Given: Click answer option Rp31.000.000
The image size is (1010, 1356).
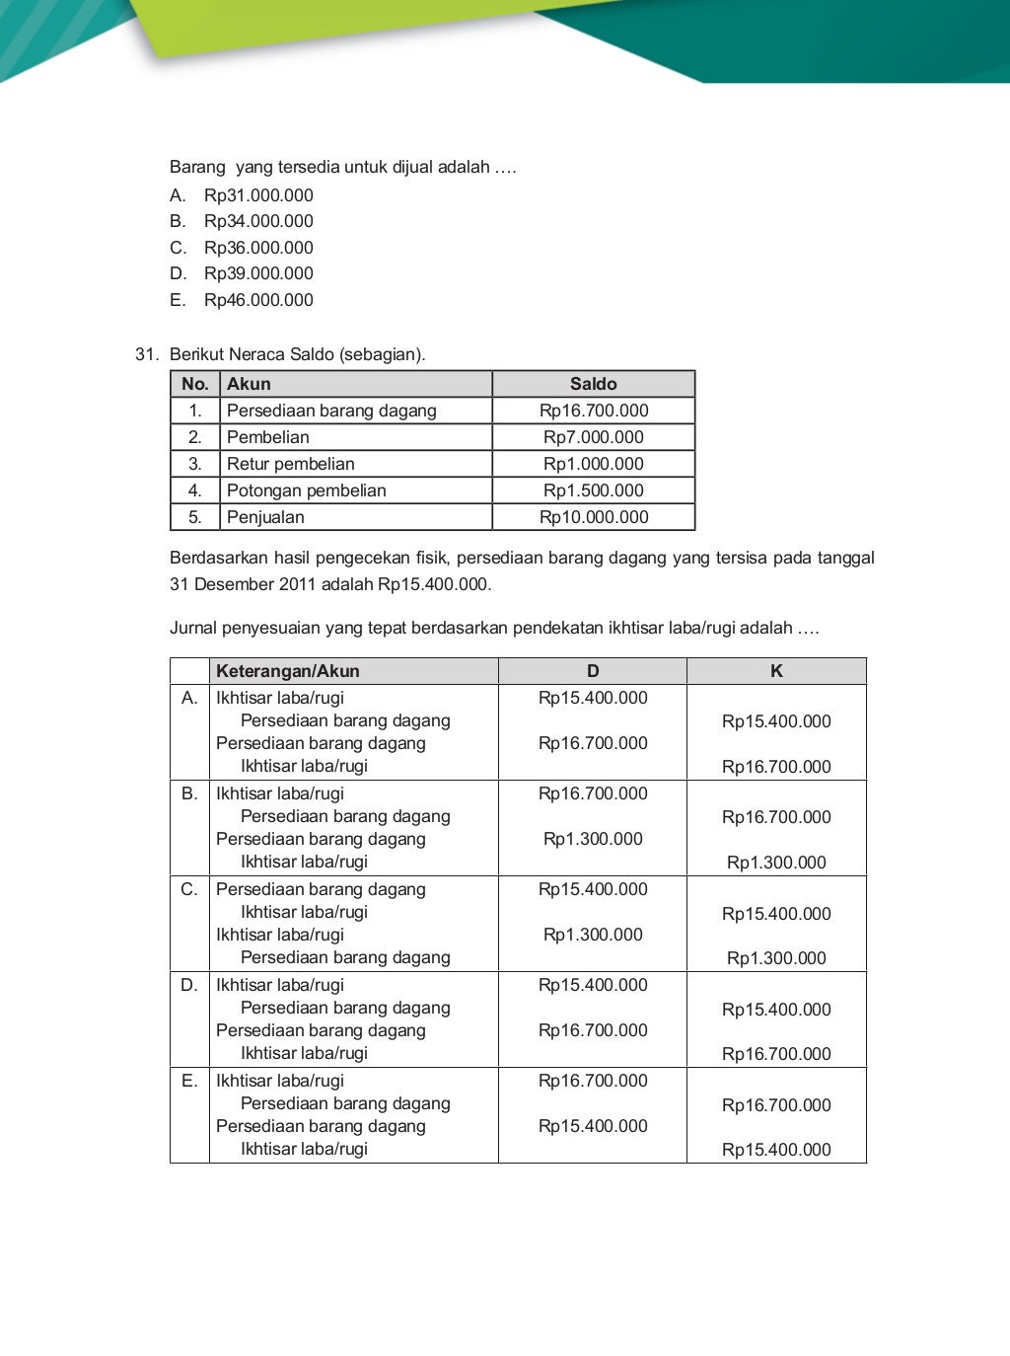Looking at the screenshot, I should (x=258, y=195).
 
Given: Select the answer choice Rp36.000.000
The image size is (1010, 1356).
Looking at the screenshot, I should (x=258, y=248).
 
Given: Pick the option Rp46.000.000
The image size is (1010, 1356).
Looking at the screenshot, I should (x=258, y=300).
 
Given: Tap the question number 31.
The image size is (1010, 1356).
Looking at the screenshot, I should (x=147, y=354).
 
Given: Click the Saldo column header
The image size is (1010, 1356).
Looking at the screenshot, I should (x=593, y=384).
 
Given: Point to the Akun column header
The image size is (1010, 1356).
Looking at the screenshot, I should (x=249, y=384).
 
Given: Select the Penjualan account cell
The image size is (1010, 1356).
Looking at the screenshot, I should (x=265, y=517).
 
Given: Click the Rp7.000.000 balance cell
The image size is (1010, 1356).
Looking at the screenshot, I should (x=593, y=437).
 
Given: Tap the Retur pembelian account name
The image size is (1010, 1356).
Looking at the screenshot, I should (x=290, y=464).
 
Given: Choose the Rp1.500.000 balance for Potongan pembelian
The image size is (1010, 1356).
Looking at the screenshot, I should (x=593, y=490).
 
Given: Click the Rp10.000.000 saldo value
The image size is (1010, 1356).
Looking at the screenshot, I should (x=593, y=517).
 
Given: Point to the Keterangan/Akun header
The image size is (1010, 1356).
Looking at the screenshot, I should (x=288, y=671).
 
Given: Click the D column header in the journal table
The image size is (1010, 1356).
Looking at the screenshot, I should (x=593, y=671).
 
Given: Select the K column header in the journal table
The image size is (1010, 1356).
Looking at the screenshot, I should (x=776, y=671).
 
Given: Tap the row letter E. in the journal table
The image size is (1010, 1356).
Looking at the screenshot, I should (x=189, y=1081).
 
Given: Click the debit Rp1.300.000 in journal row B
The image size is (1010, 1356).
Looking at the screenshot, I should (x=593, y=839).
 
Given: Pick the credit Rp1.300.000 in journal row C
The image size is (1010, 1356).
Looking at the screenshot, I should (x=776, y=958).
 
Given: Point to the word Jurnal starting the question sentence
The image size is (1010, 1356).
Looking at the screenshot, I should (x=193, y=628).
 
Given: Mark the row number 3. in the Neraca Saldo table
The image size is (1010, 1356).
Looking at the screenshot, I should (x=195, y=464).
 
